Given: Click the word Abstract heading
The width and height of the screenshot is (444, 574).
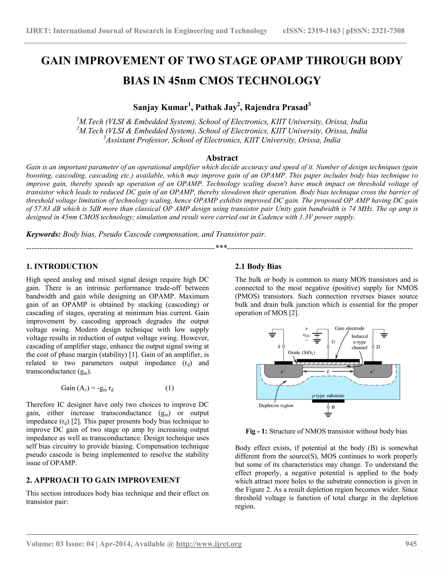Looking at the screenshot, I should (x=222, y=158).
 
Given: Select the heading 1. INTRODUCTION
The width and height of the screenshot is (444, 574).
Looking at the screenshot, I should (x=62, y=266).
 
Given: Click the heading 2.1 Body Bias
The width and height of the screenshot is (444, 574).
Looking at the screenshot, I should (x=258, y=266).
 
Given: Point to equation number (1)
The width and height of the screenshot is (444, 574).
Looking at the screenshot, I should (x=169, y=388).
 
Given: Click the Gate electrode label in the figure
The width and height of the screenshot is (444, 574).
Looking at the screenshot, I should (x=349, y=328).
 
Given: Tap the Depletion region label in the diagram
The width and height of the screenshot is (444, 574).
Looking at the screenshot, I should (x=276, y=405).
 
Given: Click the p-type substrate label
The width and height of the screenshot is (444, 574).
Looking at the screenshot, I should (x=328, y=396).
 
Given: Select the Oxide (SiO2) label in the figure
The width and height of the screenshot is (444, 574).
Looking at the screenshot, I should (x=301, y=352).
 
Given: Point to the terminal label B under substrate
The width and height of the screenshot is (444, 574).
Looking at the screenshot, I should (x=333, y=407).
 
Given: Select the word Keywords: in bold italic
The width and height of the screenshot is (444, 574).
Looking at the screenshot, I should (x=43, y=234).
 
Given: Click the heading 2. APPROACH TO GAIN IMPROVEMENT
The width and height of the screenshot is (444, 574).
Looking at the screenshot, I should (x=103, y=480).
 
